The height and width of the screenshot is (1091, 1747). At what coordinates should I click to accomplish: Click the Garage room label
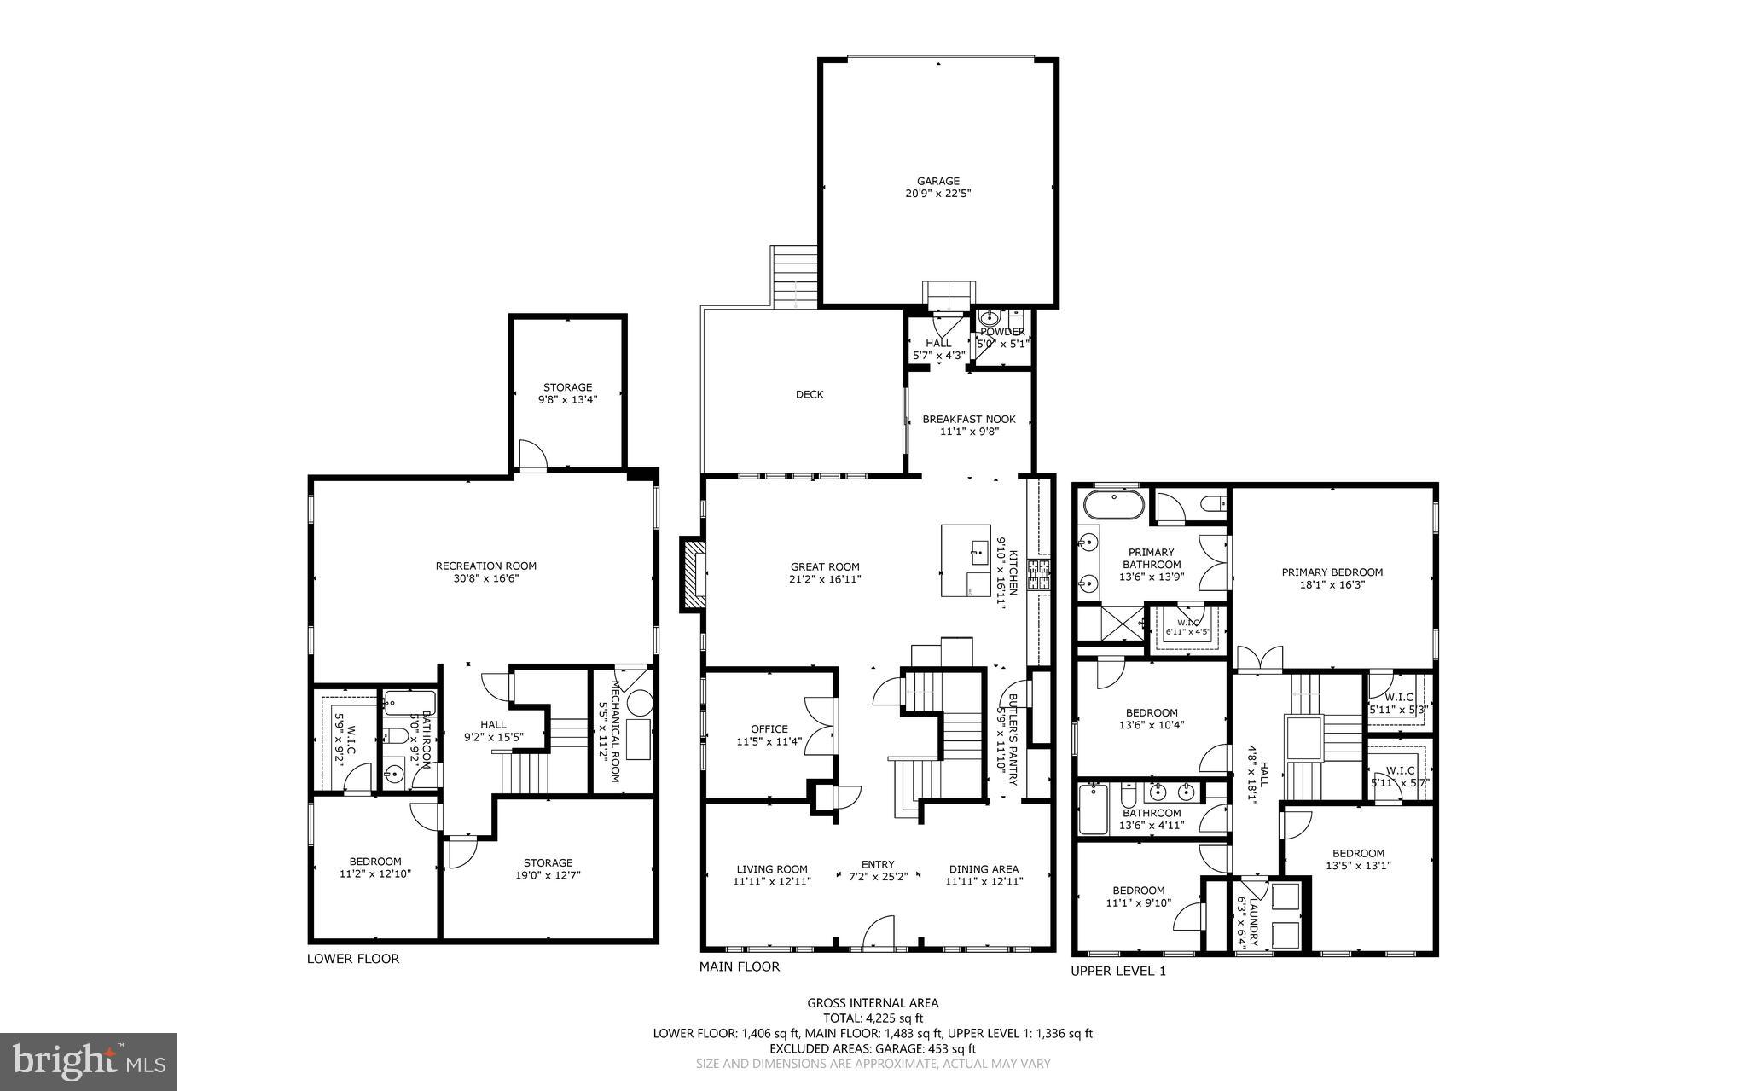[x=937, y=187]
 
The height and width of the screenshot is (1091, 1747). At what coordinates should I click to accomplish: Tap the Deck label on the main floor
[x=809, y=394]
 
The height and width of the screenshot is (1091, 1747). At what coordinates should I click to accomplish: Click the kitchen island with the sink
[x=966, y=560]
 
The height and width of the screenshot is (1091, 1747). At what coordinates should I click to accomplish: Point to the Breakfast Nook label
[x=968, y=425]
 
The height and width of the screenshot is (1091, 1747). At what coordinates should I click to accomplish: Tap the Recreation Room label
[x=485, y=572]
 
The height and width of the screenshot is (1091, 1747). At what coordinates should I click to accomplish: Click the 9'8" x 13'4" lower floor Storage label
[x=567, y=392]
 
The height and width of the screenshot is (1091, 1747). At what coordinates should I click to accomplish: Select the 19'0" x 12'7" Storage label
[x=548, y=868]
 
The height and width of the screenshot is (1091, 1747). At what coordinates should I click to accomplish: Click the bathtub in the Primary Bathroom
[x=1113, y=505]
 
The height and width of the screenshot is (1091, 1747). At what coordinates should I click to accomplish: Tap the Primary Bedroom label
[x=1332, y=578]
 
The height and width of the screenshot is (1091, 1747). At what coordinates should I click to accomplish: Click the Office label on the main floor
[x=769, y=734]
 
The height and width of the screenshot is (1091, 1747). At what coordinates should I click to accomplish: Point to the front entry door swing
[x=879, y=933]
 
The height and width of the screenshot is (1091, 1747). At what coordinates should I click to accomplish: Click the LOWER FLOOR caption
[x=353, y=958]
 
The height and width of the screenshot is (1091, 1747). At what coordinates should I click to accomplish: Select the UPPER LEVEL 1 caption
[x=1117, y=971]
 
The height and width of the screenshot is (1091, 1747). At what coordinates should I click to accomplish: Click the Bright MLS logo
[x=89, y=1061]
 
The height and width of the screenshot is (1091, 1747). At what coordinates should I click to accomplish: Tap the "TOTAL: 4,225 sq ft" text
[x=873, y=1018]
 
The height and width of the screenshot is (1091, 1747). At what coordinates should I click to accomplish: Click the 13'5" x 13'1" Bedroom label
[x=1358, y=859]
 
